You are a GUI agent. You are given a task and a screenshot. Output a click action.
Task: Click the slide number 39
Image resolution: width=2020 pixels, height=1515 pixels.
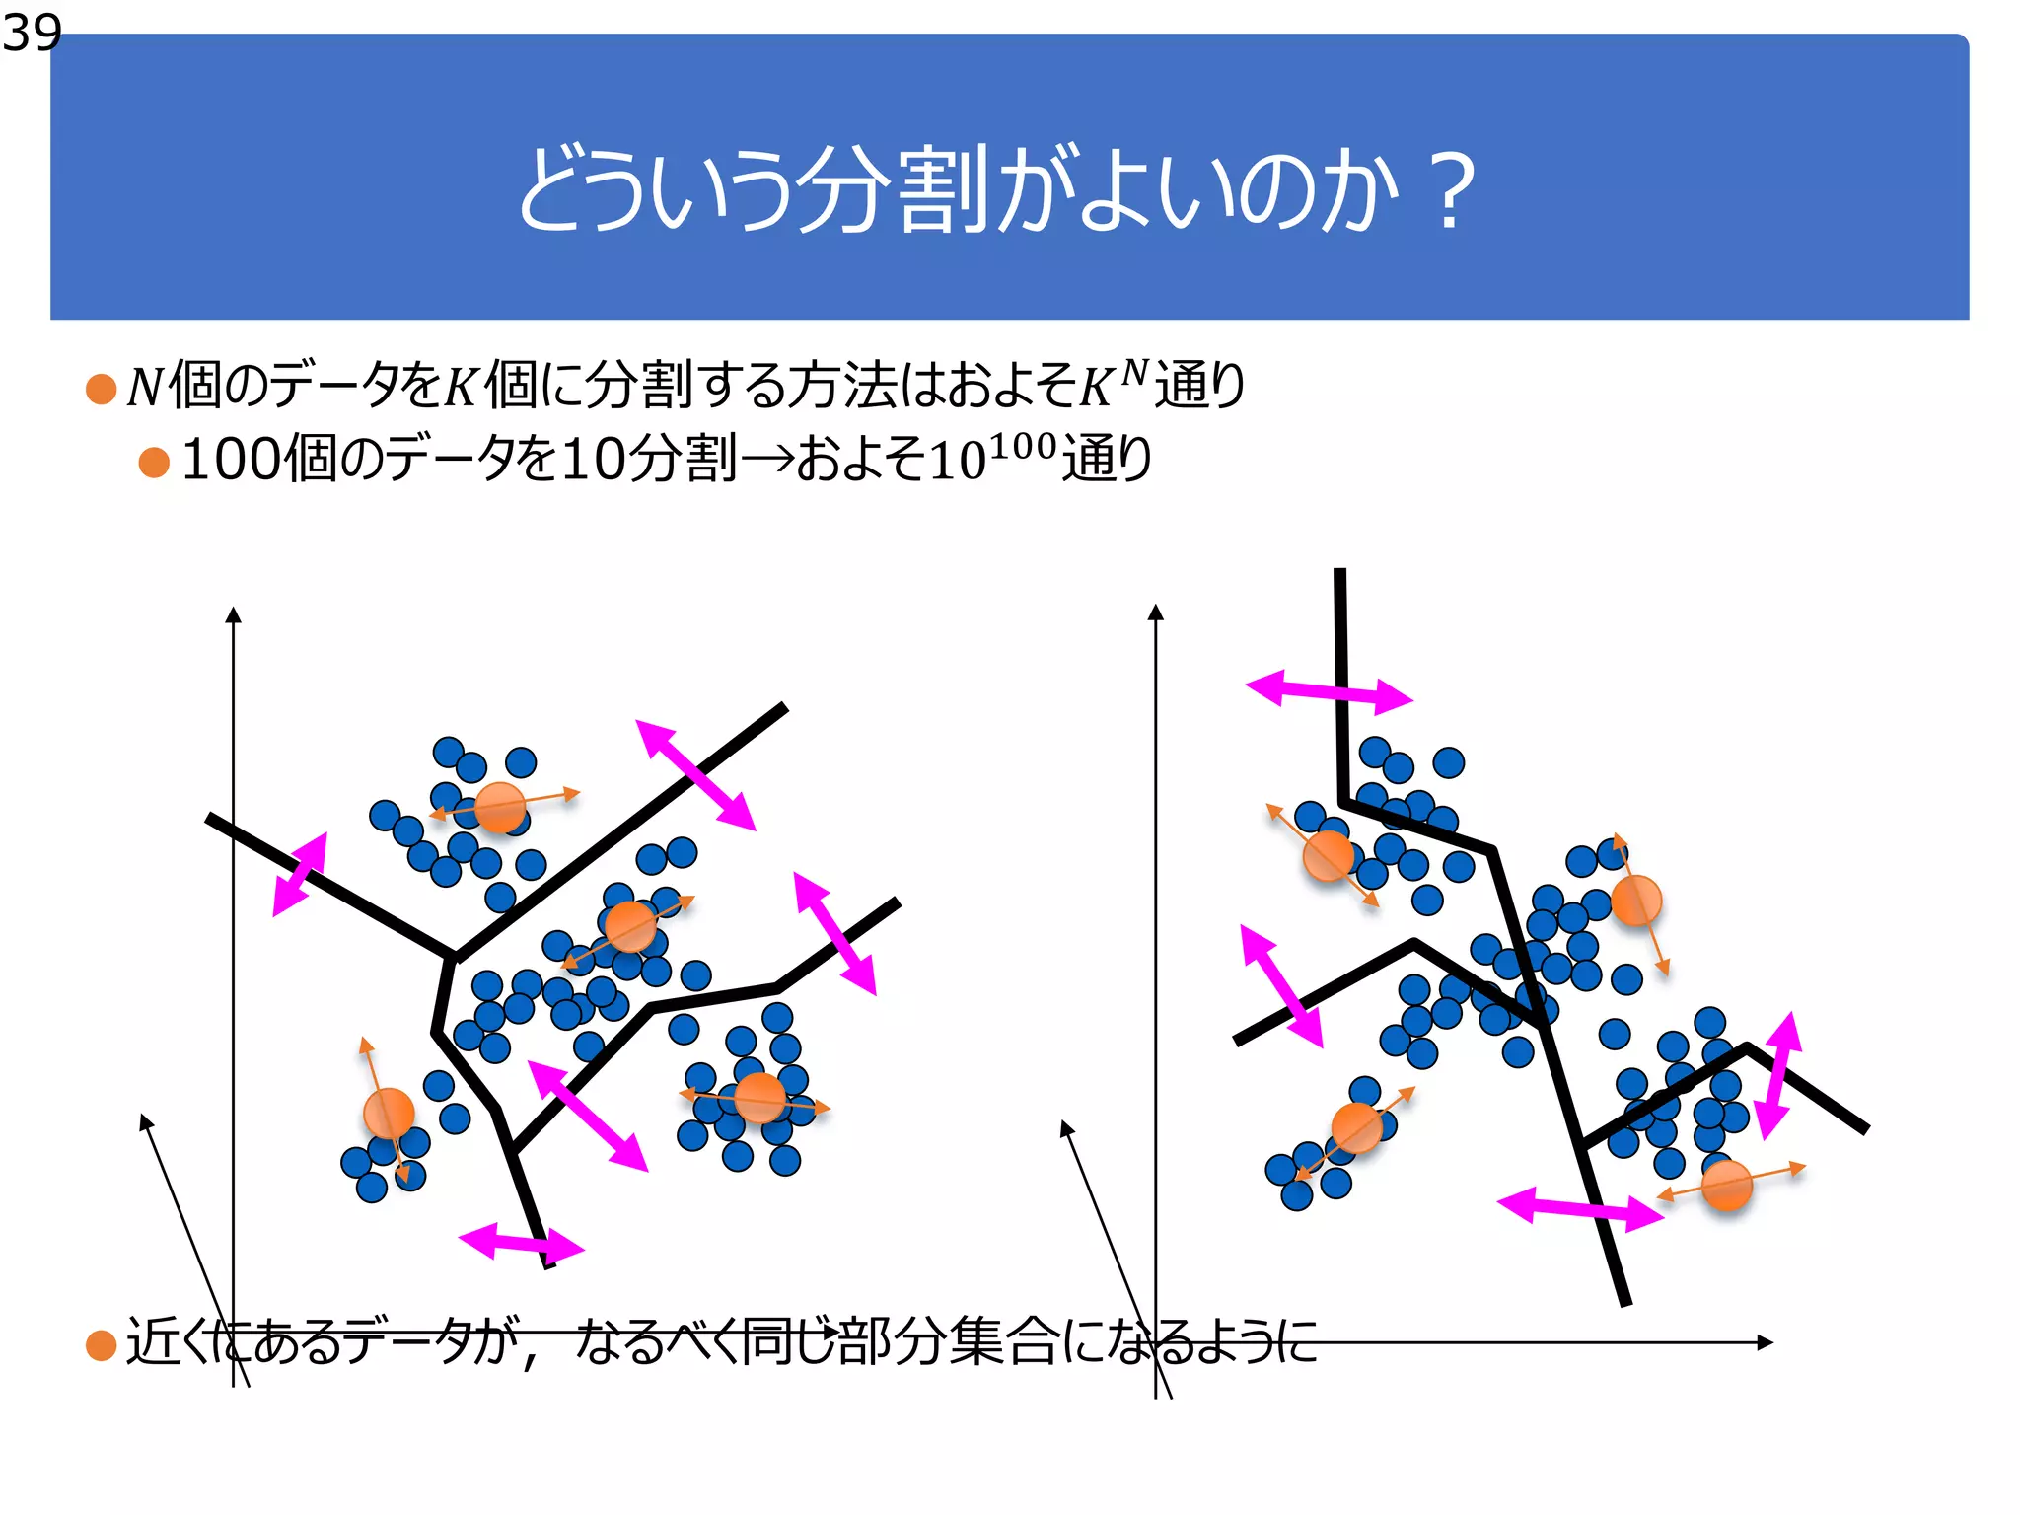click(32, 34)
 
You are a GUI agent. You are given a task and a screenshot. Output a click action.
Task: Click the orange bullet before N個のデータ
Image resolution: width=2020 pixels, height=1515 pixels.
click(102, 389)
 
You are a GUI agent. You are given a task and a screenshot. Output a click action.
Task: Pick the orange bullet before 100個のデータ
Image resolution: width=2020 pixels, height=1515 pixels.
click(154, 462)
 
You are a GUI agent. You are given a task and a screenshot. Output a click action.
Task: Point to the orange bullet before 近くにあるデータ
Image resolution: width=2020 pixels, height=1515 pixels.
click(102, 1344)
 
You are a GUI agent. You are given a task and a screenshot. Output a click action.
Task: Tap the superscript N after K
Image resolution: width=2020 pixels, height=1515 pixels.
click(1135, 372)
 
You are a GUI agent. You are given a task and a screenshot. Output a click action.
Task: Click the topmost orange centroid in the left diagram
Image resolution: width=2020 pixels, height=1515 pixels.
click(500, 807)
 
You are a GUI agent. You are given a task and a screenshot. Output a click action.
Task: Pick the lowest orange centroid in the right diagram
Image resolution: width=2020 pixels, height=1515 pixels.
click(1726, 1185)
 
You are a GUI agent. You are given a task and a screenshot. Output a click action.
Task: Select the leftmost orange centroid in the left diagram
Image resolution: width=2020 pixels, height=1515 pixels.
click(389, 1113)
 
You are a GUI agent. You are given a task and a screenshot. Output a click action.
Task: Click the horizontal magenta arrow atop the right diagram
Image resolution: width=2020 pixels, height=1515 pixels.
click(1329, 691)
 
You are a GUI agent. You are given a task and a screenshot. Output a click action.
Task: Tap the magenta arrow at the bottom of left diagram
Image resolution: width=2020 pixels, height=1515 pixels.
click(521, 1242)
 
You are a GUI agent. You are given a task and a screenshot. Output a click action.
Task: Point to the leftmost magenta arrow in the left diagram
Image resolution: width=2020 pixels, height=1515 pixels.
click(300, 874)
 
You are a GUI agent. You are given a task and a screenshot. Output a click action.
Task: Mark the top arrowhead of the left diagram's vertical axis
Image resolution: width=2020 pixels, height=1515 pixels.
click(234, 614)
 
